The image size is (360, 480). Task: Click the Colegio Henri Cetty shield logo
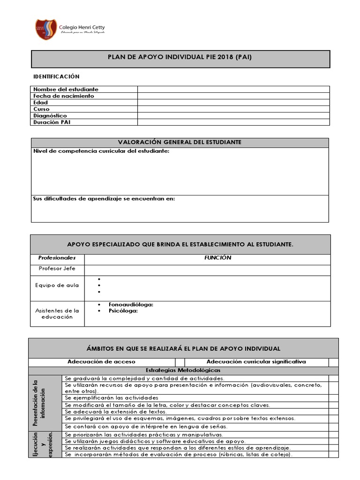46,29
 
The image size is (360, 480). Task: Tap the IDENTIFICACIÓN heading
56,76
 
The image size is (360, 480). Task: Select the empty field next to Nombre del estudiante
233,89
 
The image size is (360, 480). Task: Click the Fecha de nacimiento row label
63,96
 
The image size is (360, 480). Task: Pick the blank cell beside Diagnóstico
233,115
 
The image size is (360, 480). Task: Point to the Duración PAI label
52,122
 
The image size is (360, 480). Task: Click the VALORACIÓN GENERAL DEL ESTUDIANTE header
180,142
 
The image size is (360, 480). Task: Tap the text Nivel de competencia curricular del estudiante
101,151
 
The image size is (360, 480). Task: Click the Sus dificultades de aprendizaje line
104,199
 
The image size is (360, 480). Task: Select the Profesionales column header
57,258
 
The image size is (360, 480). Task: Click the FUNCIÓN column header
217,258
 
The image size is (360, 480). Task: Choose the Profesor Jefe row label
57,269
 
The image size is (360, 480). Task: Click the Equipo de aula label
57,285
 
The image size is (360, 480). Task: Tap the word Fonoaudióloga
131,305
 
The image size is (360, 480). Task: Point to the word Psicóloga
123,310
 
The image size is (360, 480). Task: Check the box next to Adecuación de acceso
180,362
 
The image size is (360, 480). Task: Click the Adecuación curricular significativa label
256,362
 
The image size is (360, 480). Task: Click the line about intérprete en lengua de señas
146,427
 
